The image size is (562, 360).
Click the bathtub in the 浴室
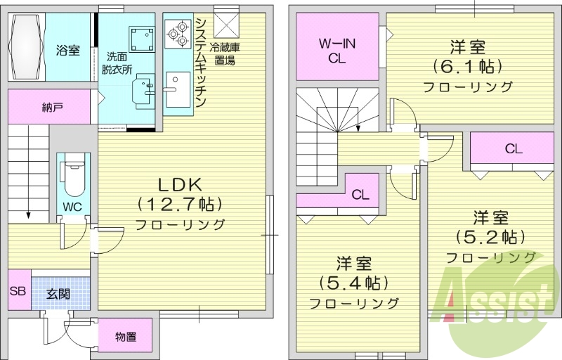(x=27, y=49)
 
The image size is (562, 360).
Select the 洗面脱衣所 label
(x=117, y=63)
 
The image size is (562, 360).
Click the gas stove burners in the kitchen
(x=177, y=32)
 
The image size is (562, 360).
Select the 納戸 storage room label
(x=52, y=108)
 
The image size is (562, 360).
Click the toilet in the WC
(x=72, y=177)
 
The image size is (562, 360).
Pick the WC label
(x=72, y=207)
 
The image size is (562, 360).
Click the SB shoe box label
(x=18, y=289)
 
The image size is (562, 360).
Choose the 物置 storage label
(x=125, y=337)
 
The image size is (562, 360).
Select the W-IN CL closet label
(x=337, y=51)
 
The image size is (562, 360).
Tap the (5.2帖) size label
(x=490, y=236)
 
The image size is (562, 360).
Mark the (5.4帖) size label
(x=354, y=283)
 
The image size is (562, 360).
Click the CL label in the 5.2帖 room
(x=513, y=149)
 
